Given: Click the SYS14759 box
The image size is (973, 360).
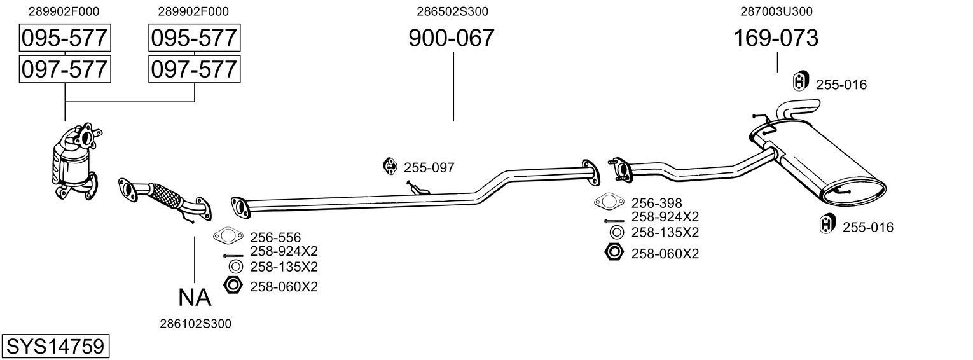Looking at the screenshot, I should (x=55, y=347).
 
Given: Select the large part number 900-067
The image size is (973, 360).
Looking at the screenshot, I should (x=451, y=38).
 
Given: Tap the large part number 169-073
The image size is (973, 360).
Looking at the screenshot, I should (x=776, y=38).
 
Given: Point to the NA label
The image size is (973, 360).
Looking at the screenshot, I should (x=194, y=297).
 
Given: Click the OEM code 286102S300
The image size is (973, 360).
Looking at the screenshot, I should (x=195, y=324).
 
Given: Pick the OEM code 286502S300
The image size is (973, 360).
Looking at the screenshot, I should (x=452, y=11).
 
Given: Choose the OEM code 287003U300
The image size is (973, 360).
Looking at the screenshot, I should (x=776, y=11).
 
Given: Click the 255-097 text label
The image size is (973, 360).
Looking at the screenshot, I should (x=429, y=168).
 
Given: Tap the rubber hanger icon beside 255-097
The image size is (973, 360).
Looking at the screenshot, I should (x=389, y=167).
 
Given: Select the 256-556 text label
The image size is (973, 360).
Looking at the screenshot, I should (x=275, y=237).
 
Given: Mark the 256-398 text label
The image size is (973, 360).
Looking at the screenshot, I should (x=656, y=203).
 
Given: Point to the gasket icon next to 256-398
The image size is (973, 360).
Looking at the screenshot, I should (x=609, y=202).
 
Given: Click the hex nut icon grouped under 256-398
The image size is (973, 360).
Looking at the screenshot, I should (x=614, y=253).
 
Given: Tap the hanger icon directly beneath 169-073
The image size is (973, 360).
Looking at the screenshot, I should (x=800, y=81).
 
